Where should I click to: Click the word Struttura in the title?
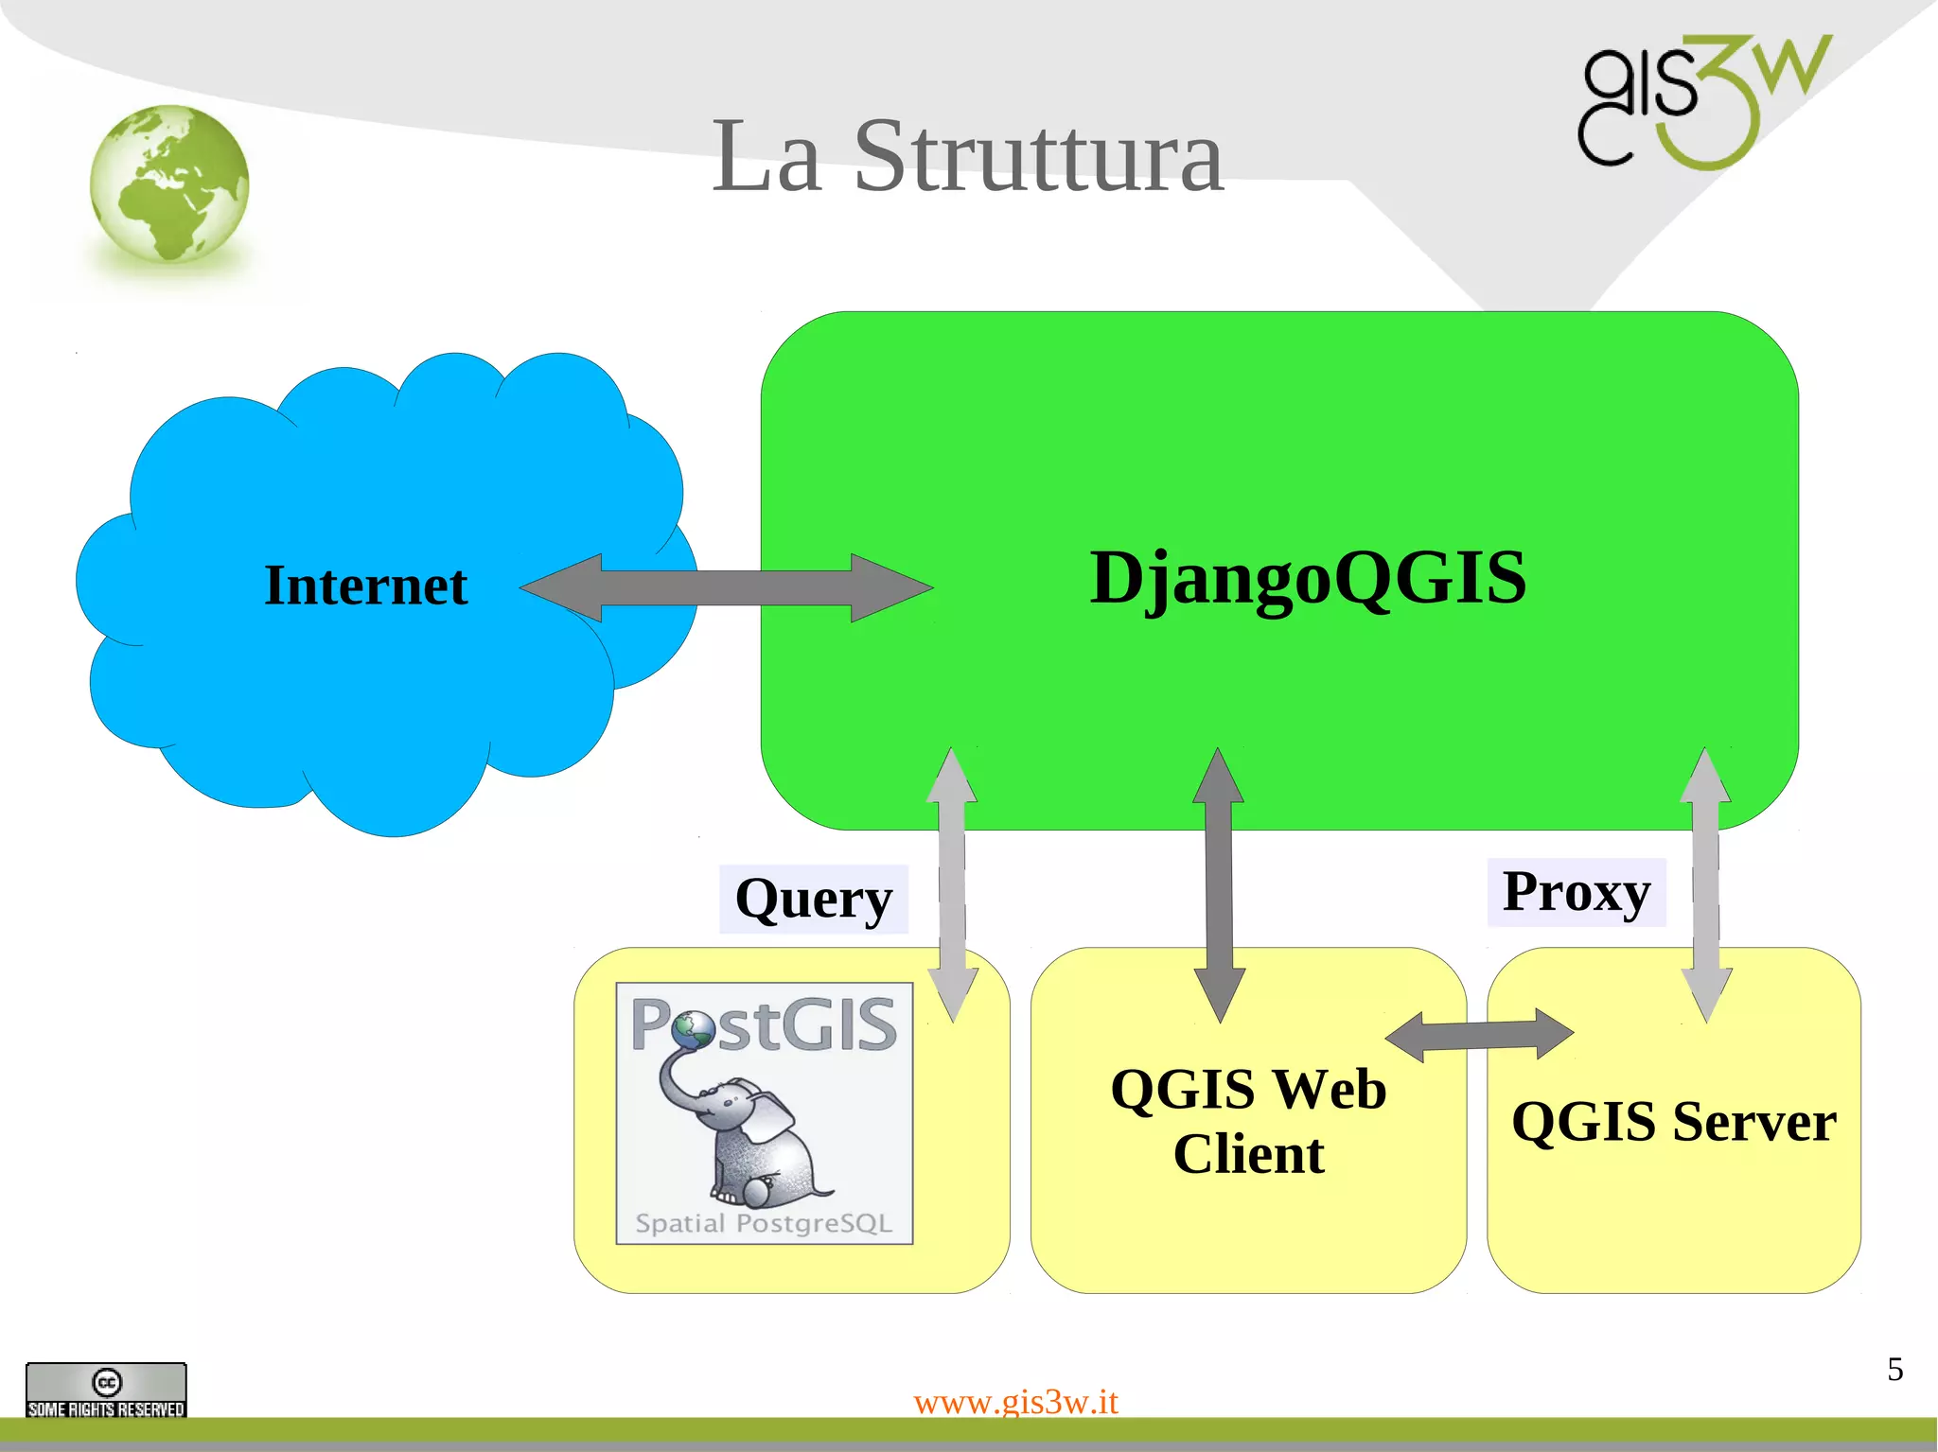1038,158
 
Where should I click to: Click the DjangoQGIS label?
1308,578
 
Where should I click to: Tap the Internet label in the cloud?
365,586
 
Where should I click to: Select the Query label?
813,899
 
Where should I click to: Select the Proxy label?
1576,892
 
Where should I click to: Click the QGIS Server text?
1673,1122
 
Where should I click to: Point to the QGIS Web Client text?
1248,1122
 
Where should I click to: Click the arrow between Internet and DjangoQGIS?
726,587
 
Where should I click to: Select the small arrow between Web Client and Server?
1479,1035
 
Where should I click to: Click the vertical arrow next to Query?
952,884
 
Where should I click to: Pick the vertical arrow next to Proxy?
1705,884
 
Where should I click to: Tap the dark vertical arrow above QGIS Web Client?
1219,884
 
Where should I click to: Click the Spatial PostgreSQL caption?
764,1223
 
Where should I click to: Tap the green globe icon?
170,184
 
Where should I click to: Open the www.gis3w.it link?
1015,1401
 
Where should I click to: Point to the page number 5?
1894,1370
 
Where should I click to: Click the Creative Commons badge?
106,1390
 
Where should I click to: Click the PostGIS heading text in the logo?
764,1024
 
